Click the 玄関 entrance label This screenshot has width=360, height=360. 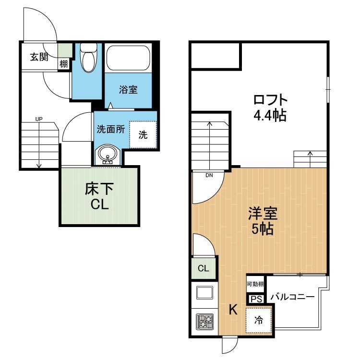39,57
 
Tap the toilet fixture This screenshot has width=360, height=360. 88,58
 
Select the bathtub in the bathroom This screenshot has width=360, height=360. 128,58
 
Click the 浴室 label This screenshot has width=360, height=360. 128,90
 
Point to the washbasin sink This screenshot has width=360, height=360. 108,154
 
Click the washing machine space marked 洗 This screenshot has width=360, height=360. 143,134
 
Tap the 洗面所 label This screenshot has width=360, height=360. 111,130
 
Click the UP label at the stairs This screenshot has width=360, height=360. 39,119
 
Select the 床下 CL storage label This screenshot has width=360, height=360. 99,196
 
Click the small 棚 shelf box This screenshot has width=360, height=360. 63,64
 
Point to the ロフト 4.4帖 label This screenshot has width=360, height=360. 270,108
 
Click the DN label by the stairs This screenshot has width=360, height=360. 209,175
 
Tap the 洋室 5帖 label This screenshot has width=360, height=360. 263,221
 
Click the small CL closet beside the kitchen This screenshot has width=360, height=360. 204,268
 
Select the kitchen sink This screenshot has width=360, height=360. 204,293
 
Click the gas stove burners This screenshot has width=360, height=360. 204,322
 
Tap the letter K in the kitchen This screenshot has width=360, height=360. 233,310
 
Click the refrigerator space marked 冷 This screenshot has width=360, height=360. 259,320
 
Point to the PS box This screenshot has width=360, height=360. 256,299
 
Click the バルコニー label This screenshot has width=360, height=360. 292,297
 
